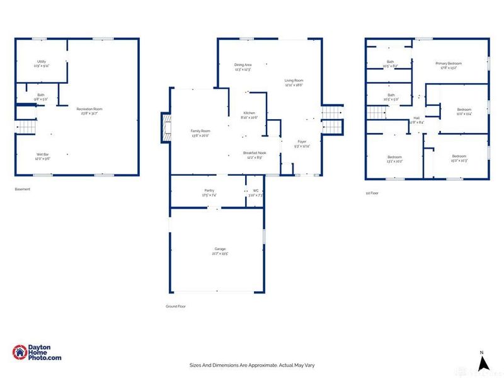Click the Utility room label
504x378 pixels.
pos(41,61)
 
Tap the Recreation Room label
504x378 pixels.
pos(89,109)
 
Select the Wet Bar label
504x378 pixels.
pos(42,153)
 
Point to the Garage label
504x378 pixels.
pos(219,249)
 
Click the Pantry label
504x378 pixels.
pos(209,190)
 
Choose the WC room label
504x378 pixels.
pos(255,190)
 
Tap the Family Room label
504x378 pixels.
pos(200,130)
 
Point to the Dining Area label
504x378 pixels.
pos(243,65)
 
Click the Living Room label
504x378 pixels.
pos(294,80)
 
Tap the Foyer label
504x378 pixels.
pos(302,143)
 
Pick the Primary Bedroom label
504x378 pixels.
pos(449,64)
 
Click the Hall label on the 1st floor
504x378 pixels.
pos(416,118)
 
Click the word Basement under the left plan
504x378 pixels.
pos(22,189)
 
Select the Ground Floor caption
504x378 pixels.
pos(176,306)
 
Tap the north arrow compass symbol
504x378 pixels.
pos(482,362)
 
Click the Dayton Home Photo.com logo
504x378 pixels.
pos(37,353)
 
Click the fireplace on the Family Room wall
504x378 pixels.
pos(166,130)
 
